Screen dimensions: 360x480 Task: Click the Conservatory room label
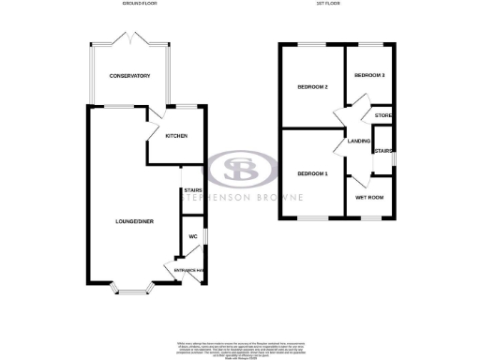(129, 75)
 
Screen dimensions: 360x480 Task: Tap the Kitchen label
(176, 136)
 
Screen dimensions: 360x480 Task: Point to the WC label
(194, 236)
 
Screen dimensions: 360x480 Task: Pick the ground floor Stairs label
(193, 190)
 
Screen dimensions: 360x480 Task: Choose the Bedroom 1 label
(312, 174)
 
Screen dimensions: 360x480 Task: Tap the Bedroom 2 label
(312, 87)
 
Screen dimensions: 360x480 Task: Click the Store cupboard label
(382, 115)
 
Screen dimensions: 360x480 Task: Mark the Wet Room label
(368, 197)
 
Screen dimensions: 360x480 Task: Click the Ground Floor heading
(139, 5)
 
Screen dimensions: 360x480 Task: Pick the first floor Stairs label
(382, 150)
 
